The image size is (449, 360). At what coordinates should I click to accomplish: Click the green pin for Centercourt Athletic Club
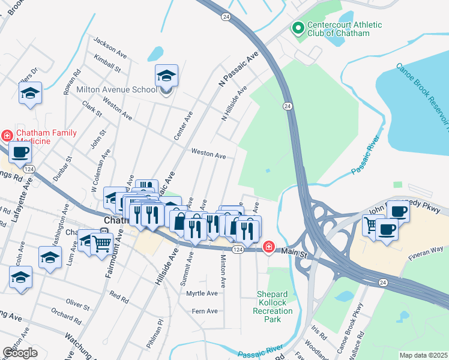(x=297, y=28)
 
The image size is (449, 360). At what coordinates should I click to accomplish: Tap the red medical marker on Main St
(x=268, y=247)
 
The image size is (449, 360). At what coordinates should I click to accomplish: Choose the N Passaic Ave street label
(x=239, y=69)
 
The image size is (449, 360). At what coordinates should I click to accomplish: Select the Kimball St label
(x=107, y=62)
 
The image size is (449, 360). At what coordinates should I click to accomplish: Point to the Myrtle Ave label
(x=202, y=293)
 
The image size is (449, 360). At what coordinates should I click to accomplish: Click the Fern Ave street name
(x=203, y=311)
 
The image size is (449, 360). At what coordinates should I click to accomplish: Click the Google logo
(x=20, y=352)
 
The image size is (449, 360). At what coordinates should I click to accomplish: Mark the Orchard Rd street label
(x=62, y=313)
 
